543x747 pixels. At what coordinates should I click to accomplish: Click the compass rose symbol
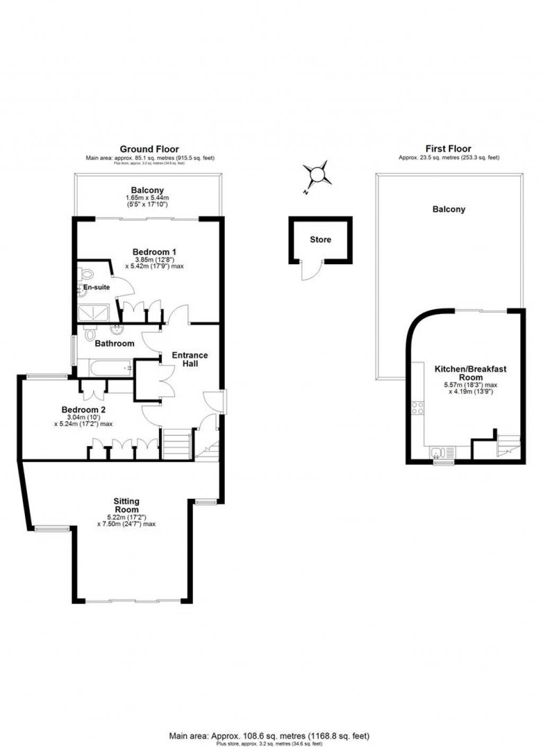[x=317, y=175]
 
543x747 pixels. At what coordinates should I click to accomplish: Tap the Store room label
[x=320, y=240]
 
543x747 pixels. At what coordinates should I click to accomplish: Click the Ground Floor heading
[x=149, y=149]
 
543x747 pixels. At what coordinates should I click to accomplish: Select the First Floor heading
[x=448, y=149]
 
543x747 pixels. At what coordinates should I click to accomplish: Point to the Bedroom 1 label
[x=154, y=251]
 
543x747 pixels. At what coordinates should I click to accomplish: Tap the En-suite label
[x=97, y=287]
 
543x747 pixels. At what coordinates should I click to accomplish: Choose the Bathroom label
[x=115, y=343]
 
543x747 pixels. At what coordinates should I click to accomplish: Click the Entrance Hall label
[x=190, y=359]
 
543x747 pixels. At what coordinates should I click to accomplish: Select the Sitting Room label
[x=126, y=505]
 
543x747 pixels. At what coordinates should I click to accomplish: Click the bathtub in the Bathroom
[x=105, y=368]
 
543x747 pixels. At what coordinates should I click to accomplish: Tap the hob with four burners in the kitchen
[x=417, y=408]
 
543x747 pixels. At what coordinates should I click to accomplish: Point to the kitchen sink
[x=438, y=452]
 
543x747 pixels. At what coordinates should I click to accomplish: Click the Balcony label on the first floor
[x=449, y=209]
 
